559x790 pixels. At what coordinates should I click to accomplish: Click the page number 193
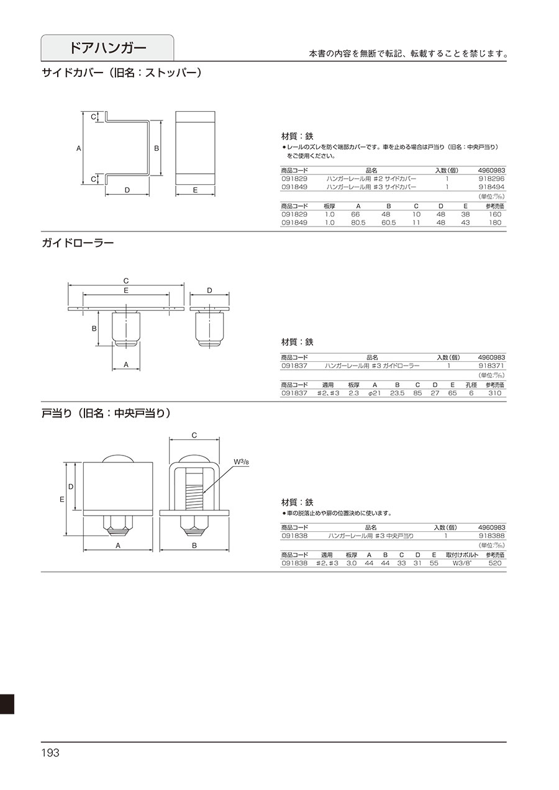[50, 753]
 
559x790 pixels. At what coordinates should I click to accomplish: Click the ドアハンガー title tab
[107, 48]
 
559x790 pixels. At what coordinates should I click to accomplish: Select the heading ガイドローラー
[78, 243]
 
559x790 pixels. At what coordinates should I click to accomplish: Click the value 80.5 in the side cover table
[358, 223]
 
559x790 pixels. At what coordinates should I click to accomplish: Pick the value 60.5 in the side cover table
[389, 223]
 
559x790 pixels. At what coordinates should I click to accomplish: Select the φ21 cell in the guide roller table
[375, 393]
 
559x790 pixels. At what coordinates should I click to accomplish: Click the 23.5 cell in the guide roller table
[398, 393]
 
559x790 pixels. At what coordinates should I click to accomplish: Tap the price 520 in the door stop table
[495, 563]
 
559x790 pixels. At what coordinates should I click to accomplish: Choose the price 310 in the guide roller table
[495, 393]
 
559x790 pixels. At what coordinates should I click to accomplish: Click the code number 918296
[491, 179]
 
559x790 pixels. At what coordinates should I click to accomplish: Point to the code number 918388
[491, 536]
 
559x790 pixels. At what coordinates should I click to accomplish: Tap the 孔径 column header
[471, 385]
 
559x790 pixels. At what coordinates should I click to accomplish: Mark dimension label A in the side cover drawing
[79, 148]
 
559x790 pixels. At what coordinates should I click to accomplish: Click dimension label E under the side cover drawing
[195, 190]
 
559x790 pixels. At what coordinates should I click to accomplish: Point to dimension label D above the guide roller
[210, 290]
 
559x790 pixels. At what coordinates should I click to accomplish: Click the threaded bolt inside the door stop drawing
[194, 490]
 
